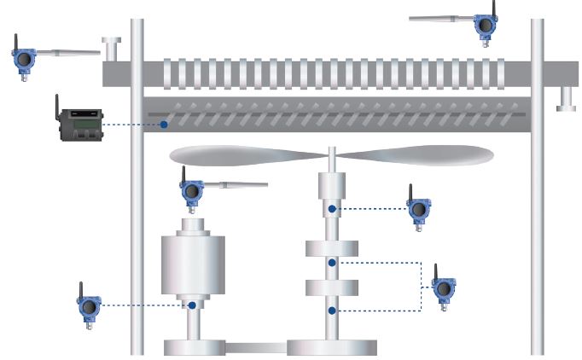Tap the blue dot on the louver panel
(x=163, y=125)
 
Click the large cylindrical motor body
(x=196, y=261)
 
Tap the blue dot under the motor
(x=193, y=305)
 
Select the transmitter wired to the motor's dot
(x=89, y=309)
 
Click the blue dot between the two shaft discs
(x=333, y=264)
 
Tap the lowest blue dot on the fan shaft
(x=333, y=311)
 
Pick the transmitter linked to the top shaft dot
(x=417, y=210)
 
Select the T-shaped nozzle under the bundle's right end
(x=564, y=99)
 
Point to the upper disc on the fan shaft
(x=333, y=248)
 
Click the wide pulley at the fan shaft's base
(x=332, y=346)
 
